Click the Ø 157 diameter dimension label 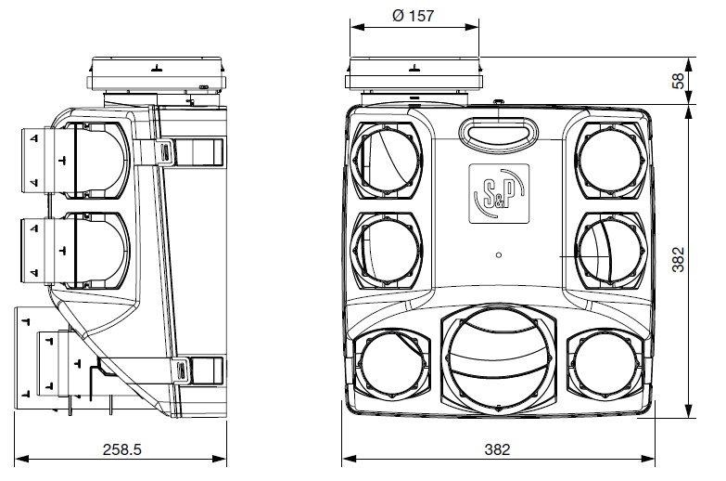click(x=413, y=17)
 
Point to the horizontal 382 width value click(x=498, y=449)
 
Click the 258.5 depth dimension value click(x=121, y=449)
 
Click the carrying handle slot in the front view click(x=498, y=133)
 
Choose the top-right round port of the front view click(x=609, y=159)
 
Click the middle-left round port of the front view click(x=388, y=250)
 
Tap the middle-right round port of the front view click(x=609, y=250)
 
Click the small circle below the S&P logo click(x=499, y=254)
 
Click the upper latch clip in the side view click(x=165, y=149)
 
